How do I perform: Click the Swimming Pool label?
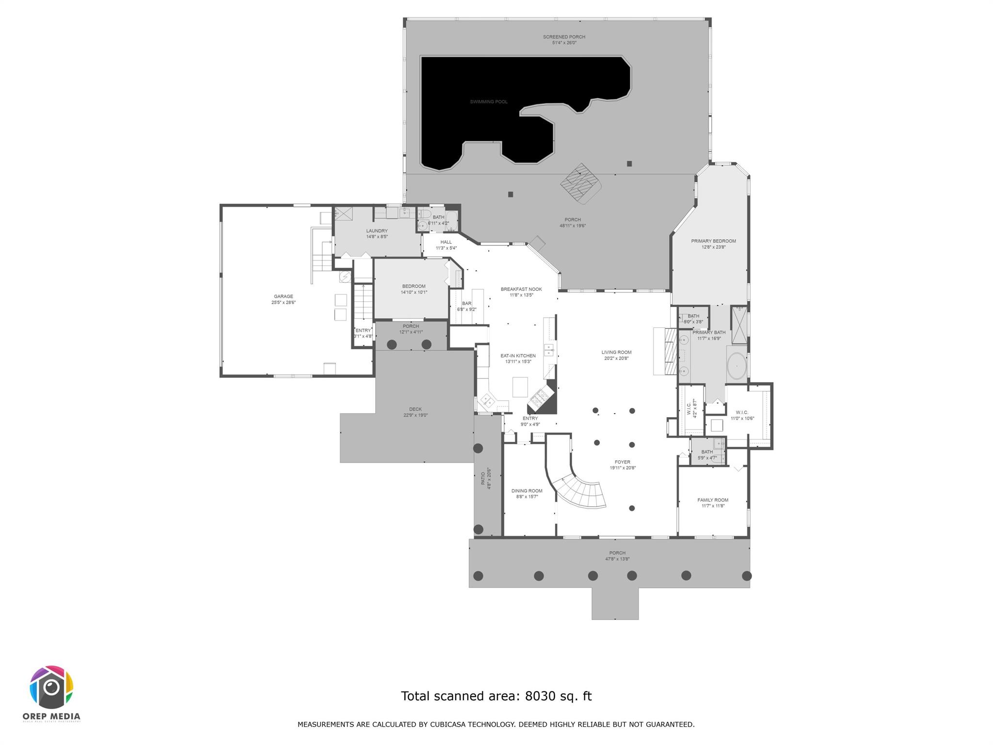pyautogui.click(x=488, y=102)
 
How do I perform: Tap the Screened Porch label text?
pyautogui.click(x=564, y=37)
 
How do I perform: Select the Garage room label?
pyautogui.click(x=283, y=296)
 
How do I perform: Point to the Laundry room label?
pyautogui.click(x=377, y=231)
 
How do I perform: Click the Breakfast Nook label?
pyautogui.click(x=521, y=289)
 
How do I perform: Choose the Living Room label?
pyautogui.click(x=616, y=353)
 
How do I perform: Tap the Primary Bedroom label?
pyautogui.click(x=713, y=241)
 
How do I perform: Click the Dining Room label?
pyautogui.click(x=527, y=491)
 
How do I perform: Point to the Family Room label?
pyautogui.click(x=713, y=500)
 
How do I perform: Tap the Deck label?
pyautogui.click(x=415, y=409)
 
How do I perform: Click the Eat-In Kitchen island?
pyautogui.click(x=520, y=387)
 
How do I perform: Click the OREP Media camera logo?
pyautogui.click(x=51, y=687)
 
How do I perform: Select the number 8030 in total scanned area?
pyautogui.click(x=540, y=696)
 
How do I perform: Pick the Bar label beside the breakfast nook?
pyautogui.click(x=466, y=304)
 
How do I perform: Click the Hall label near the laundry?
pyautogui.click(x=446, y=242)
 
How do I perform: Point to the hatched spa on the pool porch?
pyautogui.click(x=581, y=185)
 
